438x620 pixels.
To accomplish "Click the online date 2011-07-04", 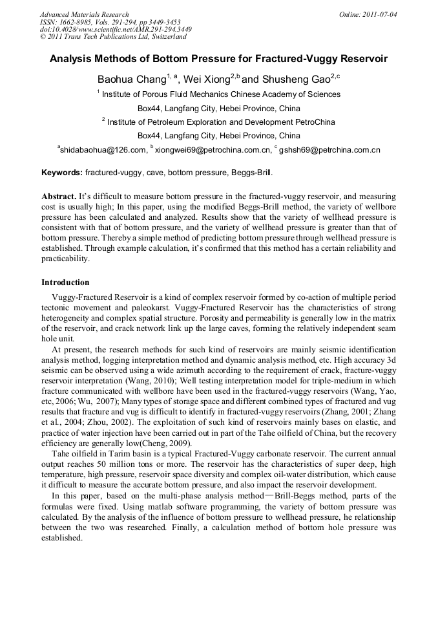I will tap(381, 14).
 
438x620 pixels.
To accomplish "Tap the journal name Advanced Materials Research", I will tap(84, 14).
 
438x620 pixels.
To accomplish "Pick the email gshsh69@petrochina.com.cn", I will tap(329, 150).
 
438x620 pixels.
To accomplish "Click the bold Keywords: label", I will tap(62, 173).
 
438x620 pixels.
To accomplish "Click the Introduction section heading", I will tap(65, 283).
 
